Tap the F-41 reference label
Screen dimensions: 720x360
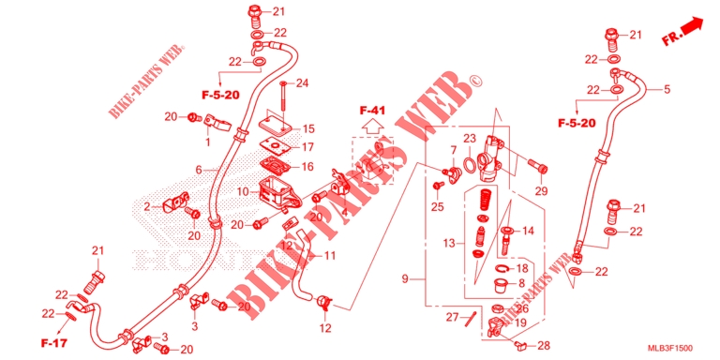pos(372,111)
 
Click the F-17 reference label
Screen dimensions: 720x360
pos(54,342)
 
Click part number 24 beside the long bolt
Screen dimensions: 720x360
pos(302,83)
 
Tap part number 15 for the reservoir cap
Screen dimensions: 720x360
pos(307,129)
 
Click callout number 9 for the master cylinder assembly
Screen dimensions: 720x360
pos(405,277)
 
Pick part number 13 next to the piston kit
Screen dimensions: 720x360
pos(450,243)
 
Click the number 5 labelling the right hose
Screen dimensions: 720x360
pos(667,90)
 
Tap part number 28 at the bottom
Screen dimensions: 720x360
pos(545,345)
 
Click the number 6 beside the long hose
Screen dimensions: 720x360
pos(199,170)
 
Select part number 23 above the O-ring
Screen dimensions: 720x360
pos(470,138)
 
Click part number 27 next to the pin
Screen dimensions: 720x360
pos(452,317)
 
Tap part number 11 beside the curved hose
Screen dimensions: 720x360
pos(330,255)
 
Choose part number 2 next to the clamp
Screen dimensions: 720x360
pos(147,207)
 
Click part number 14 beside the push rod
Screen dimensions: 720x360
pos(528,231)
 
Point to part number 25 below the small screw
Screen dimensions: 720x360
pos(437,206)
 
